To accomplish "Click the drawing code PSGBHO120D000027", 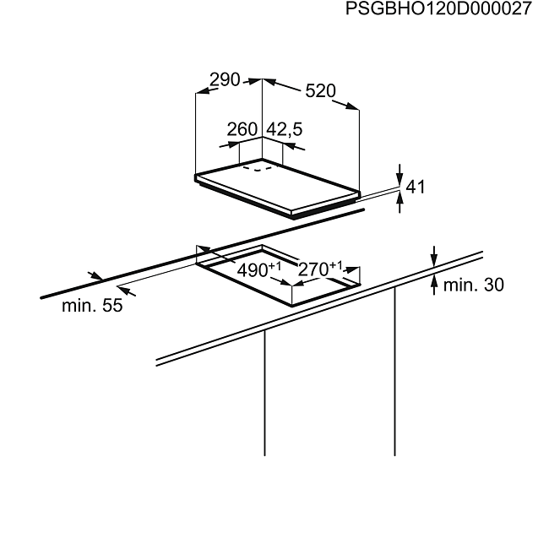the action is tap(438, 8).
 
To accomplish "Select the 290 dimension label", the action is tap(225, 79).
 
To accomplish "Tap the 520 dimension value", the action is tap(320, 90).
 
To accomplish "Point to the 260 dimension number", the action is tap(242, 129).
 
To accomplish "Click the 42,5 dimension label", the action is tap(285, 129).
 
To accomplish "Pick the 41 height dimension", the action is tap(416, 187).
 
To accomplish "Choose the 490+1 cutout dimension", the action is tap(259, 269).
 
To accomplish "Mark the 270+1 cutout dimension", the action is tap(319, 269).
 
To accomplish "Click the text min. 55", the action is tap(92, 305).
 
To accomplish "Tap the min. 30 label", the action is tap(473, 285).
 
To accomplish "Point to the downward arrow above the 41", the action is tap(400, 174).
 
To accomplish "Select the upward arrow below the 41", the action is tap(400, 203).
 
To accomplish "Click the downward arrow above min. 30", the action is tap(434, 256).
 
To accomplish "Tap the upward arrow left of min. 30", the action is tap(434, 285).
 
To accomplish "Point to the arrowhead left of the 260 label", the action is tap(230, 144).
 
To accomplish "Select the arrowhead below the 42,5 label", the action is tap(293, 146).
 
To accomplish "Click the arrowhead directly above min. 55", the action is tap(95, 275).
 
